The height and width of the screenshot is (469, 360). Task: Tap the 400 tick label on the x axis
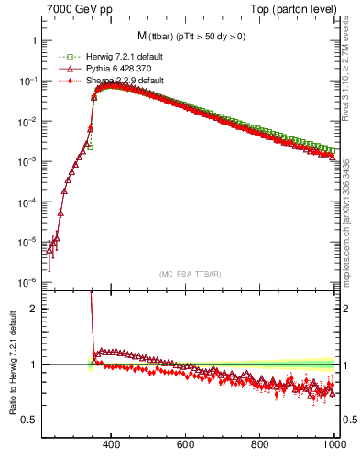pyautogui.click(x=112, y=445)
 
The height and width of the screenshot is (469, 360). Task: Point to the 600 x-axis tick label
pyautogui.click(x=186, y=445)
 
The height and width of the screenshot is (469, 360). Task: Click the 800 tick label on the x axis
pyautogui.click(x=261, y=445)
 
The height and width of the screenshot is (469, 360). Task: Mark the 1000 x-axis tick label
pyautogui.click(x=333, y=445)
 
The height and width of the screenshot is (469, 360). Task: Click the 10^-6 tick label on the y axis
pyautogui.click(x=27, y=281)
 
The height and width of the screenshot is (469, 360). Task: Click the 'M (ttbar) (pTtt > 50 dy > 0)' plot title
pyautogui.click(x=190, y=37)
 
